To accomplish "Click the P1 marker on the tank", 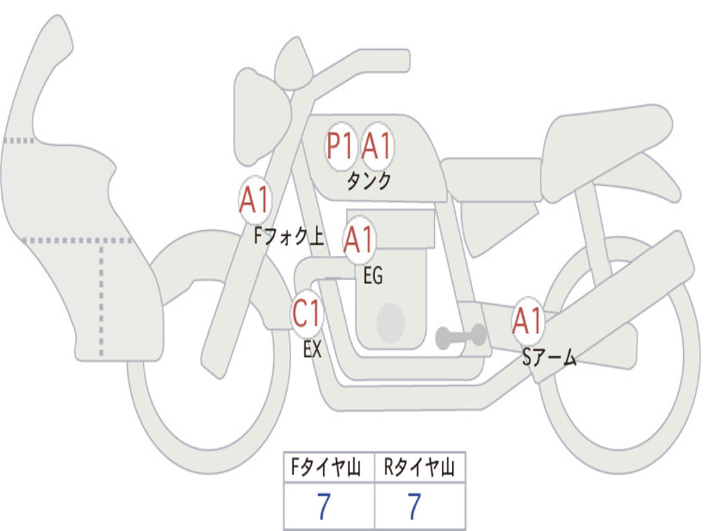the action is pyautogui.click(x=341, y=147).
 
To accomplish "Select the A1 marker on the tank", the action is pyautogui.click(x=377, y=147).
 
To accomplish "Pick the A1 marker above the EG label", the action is pyautogui.click(x=359, y=239).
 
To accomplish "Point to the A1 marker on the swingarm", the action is pyautogui.click(x=528, y=321).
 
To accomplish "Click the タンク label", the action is pyautogui.click(x=369, y=181).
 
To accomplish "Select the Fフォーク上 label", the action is pyautogui.click(x=289, y=236).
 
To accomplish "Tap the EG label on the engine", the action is pyautogui.click(x=373, y=275).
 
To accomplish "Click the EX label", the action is pyautogui.click(x=313, y=349).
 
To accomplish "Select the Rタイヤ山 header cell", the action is pyautogui.click(x=420, y=467).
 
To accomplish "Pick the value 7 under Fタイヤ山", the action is pyautogui.click(x=324, y=505).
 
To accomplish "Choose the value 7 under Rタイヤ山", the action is pyautogui.click(x=415, y=505).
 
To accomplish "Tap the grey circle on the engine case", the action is pyautogui.click(x=391, y=324).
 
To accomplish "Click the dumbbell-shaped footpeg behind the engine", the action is pyautogui.click(x=460, y=337).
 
